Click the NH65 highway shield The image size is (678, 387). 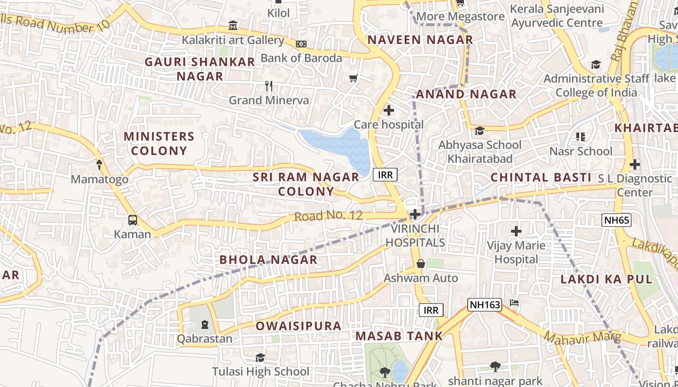[617, 221]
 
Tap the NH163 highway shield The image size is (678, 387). [484, 304]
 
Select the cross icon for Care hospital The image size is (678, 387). [388, 111]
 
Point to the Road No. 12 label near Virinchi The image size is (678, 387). [328, 216]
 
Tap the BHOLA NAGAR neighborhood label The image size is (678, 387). [268, 260]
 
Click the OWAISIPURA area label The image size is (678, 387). [298, 326]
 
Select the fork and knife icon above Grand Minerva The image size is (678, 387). [269, 87]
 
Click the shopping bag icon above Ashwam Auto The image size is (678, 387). [420, 264]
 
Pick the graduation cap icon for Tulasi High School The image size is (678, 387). [260, 358]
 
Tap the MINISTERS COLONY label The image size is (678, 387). [159, 143]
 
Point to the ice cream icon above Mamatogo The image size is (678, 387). [99, 165]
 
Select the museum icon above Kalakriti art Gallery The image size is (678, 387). [233, 25]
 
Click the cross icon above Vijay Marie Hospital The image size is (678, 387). [516, 231]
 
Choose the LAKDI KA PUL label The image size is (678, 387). [606, 279]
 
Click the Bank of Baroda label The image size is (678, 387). [301, 58]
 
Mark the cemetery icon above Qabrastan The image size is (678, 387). [204, 324]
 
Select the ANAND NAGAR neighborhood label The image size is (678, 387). [466, 94]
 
